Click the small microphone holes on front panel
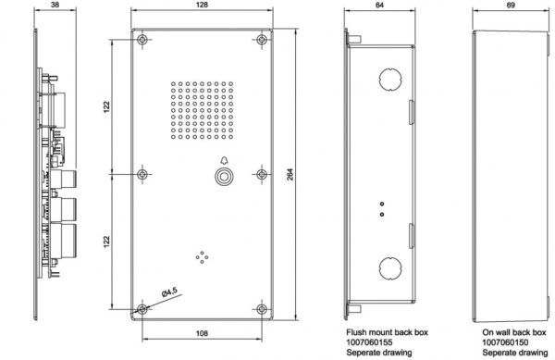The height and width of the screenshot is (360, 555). coord(201,256)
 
